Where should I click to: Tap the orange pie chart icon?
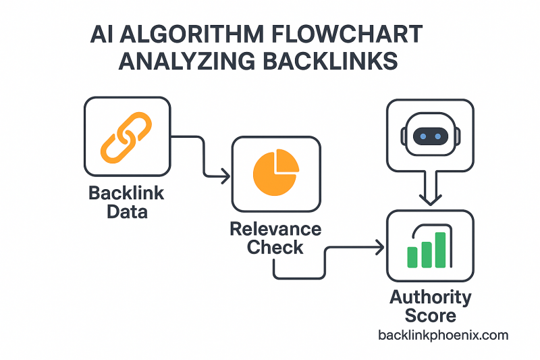[x=276, y=174]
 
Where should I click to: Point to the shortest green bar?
[x=413, y=257]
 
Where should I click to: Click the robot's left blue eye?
[x=422, y=136]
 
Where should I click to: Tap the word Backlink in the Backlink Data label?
[x=126, y=194]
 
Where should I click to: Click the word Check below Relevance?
[x=275, y=248]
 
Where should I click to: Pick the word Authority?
[x=430, y=297]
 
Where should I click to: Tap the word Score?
[x=430, y=315]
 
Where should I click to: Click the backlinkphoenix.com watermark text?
[x=443, y=335]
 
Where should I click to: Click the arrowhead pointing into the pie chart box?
[x=225, y=178]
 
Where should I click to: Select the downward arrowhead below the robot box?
[x=429, y=200]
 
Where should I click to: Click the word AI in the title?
[x=101, y=34]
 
